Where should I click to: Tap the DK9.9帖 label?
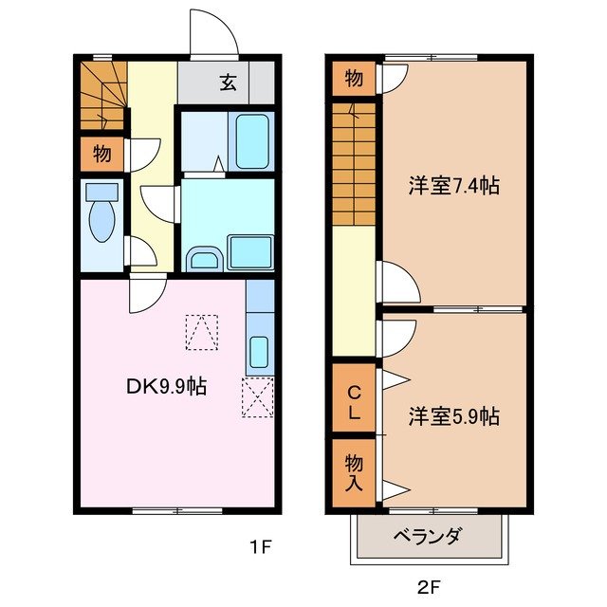167,387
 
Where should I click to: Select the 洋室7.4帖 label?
453,186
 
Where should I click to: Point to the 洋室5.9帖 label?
453,415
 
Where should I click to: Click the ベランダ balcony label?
427,537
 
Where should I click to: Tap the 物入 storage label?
353,471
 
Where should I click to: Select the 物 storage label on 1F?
101,152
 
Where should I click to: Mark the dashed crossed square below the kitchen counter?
257,397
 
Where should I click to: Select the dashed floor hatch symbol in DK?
201,333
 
